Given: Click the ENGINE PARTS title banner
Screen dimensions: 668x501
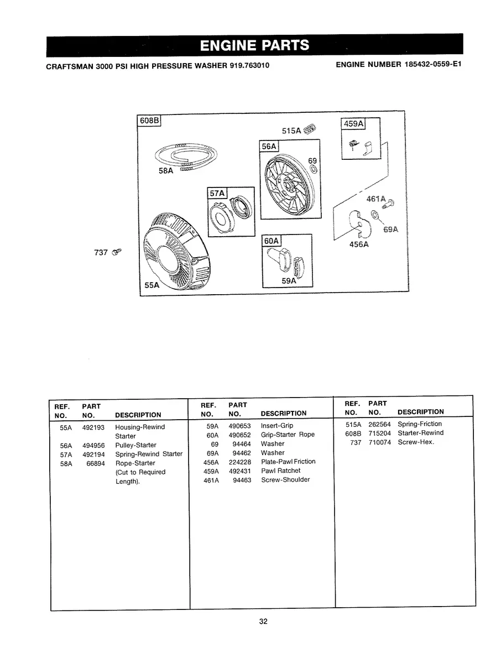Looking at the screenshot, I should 254,45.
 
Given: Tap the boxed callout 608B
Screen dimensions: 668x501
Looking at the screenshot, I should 148,121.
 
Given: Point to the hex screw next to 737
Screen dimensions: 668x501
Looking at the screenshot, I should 117,252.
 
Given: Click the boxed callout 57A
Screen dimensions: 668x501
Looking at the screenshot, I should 217,193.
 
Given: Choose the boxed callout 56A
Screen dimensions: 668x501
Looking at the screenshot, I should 269,146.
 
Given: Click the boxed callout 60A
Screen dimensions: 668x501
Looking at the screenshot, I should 272,241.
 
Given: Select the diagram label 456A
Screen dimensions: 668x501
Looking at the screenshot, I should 359,244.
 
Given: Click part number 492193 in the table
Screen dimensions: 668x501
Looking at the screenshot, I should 93,427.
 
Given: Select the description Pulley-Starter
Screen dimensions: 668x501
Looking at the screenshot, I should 135,445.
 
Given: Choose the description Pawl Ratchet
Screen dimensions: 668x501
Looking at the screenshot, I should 280,471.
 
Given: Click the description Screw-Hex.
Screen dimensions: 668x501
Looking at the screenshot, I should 416,442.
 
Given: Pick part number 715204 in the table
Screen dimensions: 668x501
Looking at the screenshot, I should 379,433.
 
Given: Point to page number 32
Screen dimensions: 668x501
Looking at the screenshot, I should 263,622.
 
